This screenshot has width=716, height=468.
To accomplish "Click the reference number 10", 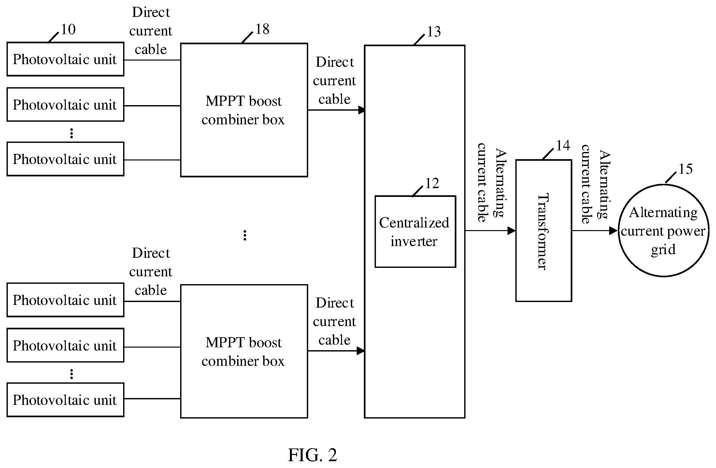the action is click(68, 30).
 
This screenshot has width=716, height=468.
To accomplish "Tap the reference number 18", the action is click(262, 29).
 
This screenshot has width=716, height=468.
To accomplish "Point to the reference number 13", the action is click(434, 32).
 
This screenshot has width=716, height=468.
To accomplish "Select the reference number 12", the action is click(432, 184).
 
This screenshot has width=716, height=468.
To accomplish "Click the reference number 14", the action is click(563, 145).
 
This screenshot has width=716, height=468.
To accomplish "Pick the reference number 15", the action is click(685, 169).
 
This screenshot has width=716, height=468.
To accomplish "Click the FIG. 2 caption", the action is click(313, 455).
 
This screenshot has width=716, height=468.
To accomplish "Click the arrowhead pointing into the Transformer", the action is click(512, 231).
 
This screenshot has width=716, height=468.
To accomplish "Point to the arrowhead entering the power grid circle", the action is click(614, 231).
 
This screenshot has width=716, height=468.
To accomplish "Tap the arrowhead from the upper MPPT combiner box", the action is click(362, 110).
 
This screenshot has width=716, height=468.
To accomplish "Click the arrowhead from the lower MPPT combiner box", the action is click(361, 351).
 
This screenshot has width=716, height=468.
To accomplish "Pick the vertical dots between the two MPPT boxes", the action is click(245, 235).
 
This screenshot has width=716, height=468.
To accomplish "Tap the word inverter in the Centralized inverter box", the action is click(414, 241).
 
